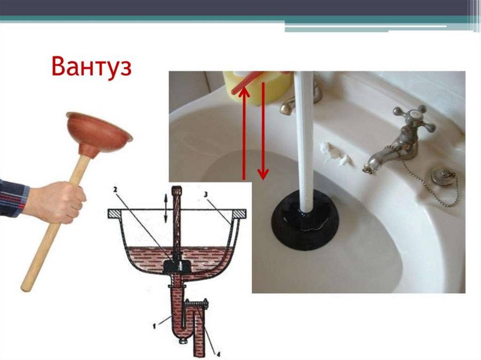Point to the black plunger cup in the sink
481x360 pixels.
(305, 220)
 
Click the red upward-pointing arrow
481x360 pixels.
(244, 132)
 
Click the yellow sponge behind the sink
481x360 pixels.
(257, 87)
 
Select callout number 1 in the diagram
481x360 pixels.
(154, 327)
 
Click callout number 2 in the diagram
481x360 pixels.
(116, 190)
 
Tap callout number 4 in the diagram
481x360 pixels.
(218, 355)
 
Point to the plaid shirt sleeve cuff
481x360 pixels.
(14, 198)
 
